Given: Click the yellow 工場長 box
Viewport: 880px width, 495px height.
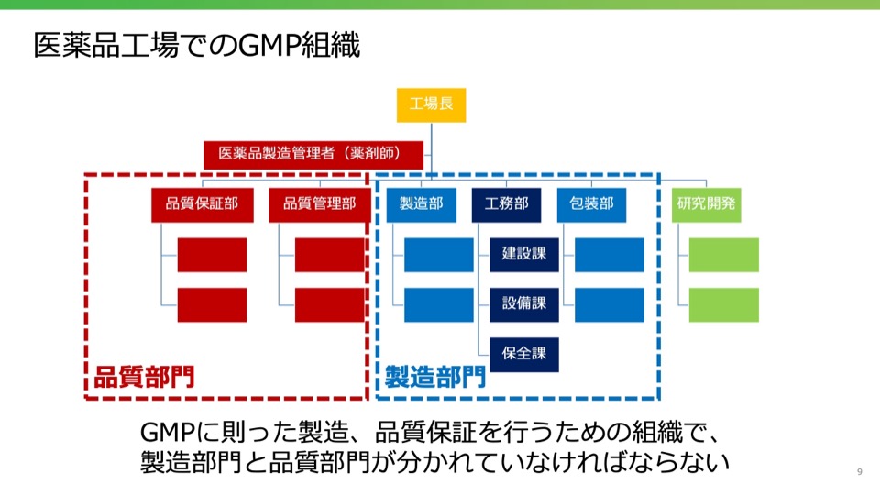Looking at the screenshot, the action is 431,104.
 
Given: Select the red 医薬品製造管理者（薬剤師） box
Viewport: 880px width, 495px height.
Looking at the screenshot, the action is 313,155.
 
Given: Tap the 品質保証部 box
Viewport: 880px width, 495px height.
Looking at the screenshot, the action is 202,204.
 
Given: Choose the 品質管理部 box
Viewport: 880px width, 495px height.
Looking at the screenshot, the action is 319,204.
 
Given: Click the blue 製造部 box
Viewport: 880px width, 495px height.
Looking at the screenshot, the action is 422,204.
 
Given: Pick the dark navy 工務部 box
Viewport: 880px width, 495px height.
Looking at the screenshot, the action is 506,204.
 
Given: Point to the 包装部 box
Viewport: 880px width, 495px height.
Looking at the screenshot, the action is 591,204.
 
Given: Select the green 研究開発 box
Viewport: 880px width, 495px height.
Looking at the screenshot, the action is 706,204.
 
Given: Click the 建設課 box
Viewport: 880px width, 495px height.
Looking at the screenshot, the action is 524,255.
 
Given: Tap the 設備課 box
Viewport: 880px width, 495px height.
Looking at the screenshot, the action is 524,304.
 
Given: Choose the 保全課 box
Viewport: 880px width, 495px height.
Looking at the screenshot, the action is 524,355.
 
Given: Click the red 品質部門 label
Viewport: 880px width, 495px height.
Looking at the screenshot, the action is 144,377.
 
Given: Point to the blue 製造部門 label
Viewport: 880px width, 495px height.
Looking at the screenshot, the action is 435,377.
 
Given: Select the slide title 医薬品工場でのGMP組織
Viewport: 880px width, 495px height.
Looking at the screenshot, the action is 196,46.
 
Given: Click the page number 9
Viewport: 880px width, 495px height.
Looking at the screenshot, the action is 859,471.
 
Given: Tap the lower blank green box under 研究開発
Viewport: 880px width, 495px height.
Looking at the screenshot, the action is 724,304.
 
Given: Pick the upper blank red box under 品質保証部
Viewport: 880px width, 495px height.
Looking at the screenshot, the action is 212,255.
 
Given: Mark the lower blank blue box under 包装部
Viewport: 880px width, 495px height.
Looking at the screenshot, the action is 610,304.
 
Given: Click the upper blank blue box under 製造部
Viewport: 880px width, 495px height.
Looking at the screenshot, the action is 439,255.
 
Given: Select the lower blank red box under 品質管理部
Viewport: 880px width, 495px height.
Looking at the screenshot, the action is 330,304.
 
